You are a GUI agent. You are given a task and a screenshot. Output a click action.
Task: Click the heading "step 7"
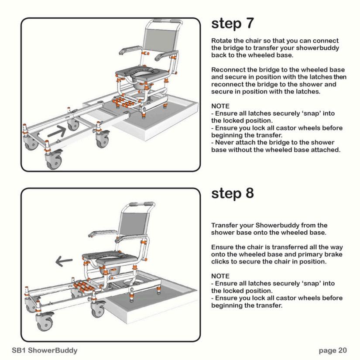click(x=232, y=24)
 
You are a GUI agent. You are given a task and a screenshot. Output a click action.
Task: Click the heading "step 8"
click(x=232, y=193)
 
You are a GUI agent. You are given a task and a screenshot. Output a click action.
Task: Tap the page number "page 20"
click(x=333, y=350)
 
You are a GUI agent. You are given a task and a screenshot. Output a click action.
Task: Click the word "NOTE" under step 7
click(x=220, y=106)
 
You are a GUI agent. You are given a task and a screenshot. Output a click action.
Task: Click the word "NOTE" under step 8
click(x=220, y=276)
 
